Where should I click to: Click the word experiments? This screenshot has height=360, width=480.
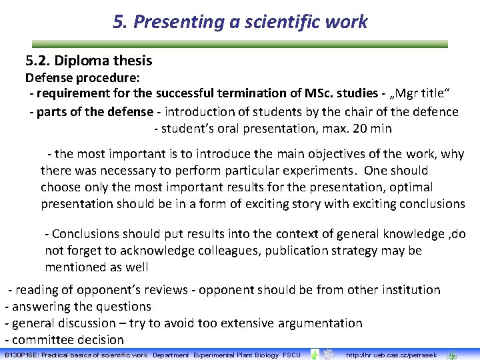[317, 171]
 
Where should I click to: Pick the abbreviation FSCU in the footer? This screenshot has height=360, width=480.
[291, 355]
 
